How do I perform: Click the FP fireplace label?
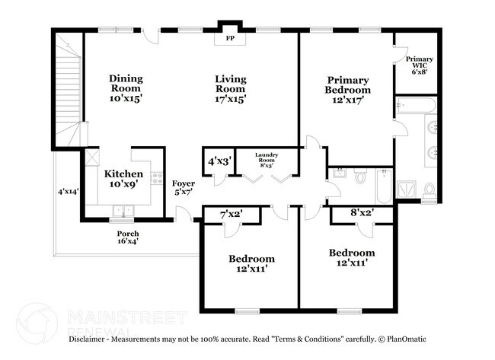point(229,37)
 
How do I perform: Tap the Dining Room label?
point(126,88)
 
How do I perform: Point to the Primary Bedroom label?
point(348,89)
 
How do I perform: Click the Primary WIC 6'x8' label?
point(420,66)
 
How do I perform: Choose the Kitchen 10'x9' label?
point(123,178)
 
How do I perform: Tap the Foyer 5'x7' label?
point(183,187)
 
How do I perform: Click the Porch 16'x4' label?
point(127,237)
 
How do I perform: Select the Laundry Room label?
point(267,161)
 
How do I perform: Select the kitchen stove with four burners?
point(158,179)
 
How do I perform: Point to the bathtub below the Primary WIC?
point(415,106)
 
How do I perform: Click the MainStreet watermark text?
point(126,316)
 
